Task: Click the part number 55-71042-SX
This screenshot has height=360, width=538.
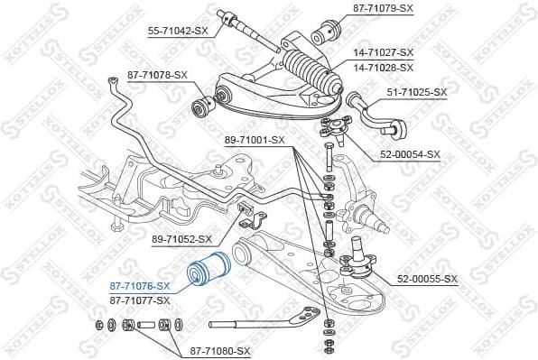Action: [177, 30]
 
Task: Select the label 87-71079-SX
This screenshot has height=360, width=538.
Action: [382, 8]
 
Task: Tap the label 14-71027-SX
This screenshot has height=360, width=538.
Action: [382, 53]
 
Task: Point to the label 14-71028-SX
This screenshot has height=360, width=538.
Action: [382, 68]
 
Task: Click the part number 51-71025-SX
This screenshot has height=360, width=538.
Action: [417, 92]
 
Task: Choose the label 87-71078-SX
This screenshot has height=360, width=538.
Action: [158, 75]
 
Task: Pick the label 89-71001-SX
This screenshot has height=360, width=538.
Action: [254, 140]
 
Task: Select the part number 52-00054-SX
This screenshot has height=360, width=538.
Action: [409, 154]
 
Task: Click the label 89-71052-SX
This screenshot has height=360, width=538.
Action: [181, 239]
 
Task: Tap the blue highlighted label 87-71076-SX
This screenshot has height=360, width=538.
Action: [140, 285]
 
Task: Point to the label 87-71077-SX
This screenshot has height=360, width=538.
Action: [140, 300]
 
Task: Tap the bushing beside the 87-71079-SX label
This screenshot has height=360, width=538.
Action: [324, 35]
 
